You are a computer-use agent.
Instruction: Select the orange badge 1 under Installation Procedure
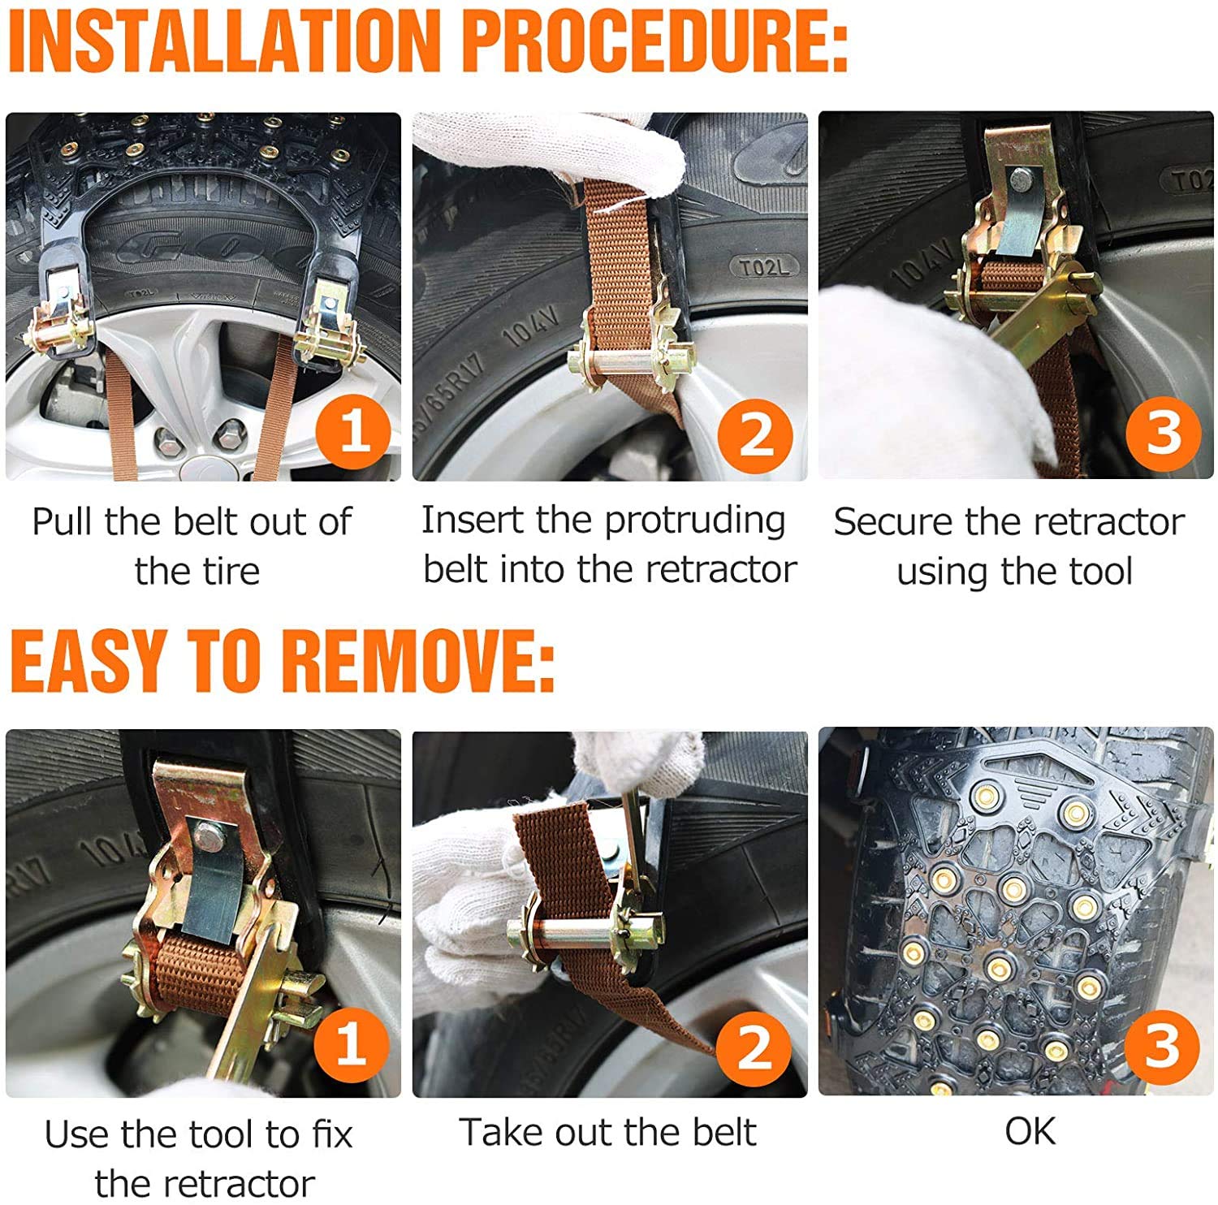[x=353, y=431]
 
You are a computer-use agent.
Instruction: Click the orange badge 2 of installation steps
[x=756, y=434]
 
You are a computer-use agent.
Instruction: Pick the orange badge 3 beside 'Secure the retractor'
[x=1162, y=432]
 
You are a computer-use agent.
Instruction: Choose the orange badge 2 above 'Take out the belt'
[x=754, y=1047]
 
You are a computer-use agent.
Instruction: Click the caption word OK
[x=1030, y=1131]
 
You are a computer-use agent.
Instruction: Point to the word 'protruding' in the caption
[x=694, y=521]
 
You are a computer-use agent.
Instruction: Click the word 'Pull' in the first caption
[x=64, y=521]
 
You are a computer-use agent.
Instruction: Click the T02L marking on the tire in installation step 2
[x=763, y=267]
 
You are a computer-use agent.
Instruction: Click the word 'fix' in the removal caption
[x=333, y=1134]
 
